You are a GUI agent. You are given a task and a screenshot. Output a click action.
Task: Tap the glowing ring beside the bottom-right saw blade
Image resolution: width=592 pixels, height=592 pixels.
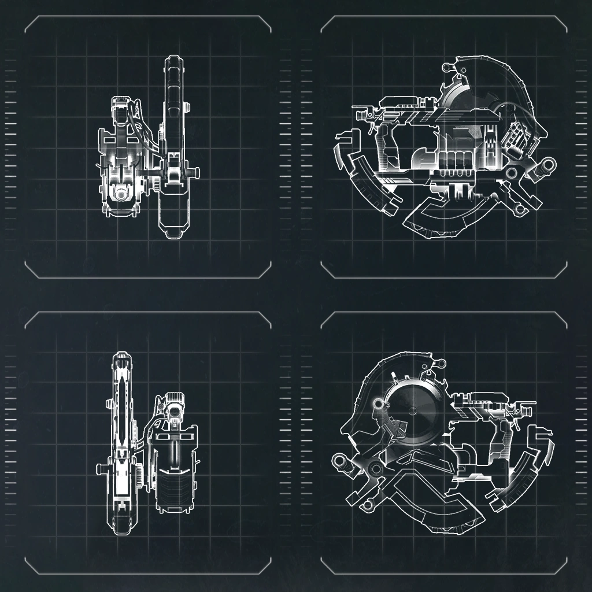pos(379,403)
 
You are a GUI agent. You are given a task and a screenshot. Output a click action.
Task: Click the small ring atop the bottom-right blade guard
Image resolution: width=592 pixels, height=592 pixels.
pos(442,363)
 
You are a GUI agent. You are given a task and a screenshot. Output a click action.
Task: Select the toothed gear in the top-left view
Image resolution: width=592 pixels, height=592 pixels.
pos(157,184)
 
